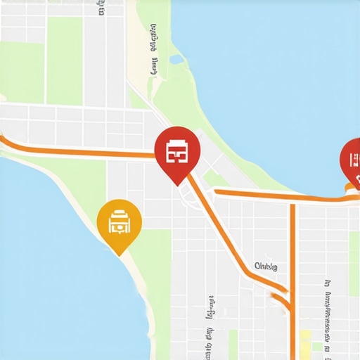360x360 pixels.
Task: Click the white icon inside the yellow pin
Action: (x=120, y=219)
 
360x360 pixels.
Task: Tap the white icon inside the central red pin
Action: (x=176, y=150)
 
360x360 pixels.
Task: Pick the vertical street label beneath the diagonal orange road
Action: (x=210, y=316)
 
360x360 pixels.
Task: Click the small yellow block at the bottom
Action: (x=305, y=345)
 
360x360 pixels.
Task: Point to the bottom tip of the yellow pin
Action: (x=120, y=253)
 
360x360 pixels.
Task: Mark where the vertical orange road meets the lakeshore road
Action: (x=293, y=198)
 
